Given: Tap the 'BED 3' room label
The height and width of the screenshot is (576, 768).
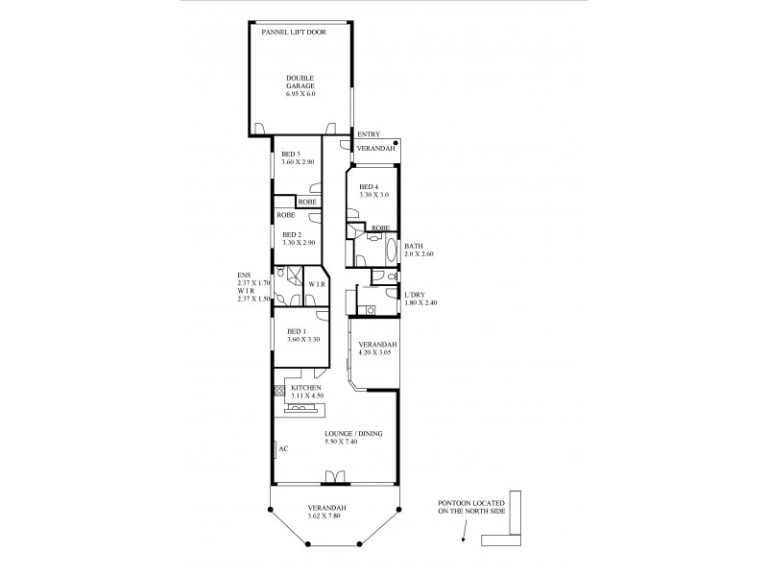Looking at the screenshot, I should pyautogui.click(x=292, y=155).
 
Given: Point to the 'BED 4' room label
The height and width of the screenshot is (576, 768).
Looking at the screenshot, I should pyautogui.click(x=369, y=186).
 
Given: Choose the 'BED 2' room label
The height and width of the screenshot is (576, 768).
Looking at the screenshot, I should pyautogui.click(x=292, y=233).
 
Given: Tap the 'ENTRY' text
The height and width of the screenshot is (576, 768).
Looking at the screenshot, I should pyautogui.click(x=368, y=133).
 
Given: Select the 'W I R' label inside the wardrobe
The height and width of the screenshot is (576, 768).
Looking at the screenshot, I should pyautogui.click(x=318, y=285).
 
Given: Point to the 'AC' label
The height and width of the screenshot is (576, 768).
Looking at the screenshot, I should pyautogui.click(x=283, y=447).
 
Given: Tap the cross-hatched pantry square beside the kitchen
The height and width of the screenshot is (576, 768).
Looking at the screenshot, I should pyautogui.click(x=279, y=390).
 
